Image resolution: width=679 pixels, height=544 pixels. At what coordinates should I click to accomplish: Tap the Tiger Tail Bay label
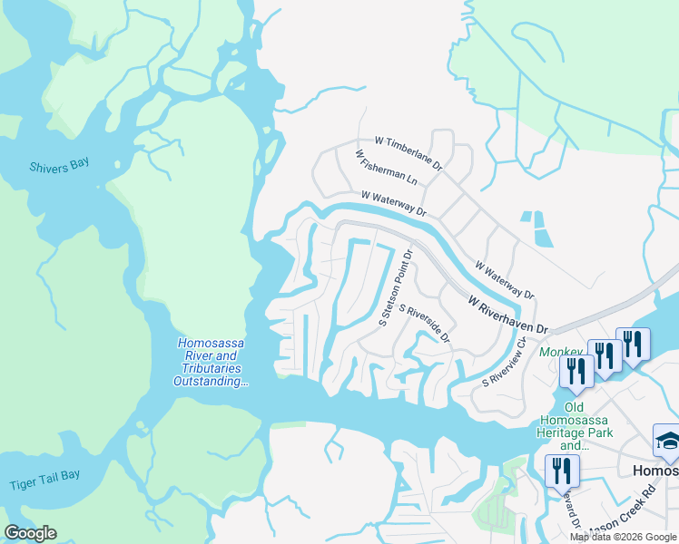click(44, 484)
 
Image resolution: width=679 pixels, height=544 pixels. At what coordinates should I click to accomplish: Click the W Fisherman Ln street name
click(386, 168)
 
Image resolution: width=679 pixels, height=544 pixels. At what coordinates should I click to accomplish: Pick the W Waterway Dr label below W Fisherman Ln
click(393, 202)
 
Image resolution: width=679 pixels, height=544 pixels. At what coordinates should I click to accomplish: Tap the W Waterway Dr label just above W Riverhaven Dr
click(505, 280)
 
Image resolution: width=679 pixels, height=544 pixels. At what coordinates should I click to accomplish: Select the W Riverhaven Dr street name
click(509, 315)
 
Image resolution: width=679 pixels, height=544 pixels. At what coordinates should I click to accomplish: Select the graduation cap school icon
click(668, 441)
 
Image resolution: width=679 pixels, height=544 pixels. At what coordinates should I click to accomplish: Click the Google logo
click(31, 533)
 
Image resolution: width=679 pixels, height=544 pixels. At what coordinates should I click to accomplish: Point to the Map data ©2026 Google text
click(623, 537)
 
